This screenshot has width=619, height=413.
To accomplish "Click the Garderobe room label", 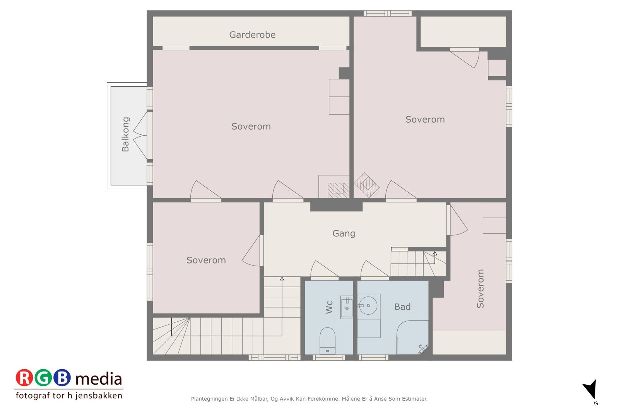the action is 252,34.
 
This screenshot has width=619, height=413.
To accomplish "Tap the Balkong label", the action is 125,134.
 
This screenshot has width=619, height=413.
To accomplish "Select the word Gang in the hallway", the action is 344,233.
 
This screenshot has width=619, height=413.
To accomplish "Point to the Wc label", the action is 329,307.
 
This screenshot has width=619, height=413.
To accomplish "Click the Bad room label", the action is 402,307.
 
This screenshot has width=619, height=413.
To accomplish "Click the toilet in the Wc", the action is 327,341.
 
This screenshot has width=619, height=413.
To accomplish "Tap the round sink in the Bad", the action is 368,305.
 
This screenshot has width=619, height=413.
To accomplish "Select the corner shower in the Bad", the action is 412,337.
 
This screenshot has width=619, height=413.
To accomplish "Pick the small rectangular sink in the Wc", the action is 347,307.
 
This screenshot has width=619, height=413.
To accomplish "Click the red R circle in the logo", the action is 24,378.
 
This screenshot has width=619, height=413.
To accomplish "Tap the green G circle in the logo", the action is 43,378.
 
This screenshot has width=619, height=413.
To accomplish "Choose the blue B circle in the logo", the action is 62,378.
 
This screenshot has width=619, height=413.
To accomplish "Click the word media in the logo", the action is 99,379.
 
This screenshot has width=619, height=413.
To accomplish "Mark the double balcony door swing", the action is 140,135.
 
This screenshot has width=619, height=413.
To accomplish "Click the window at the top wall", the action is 387,13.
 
